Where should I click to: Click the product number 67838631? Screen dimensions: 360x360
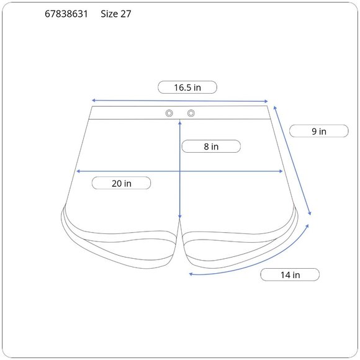[66, 14]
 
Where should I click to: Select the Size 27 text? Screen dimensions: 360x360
[116, 14]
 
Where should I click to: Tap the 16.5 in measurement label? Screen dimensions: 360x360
[187, 88]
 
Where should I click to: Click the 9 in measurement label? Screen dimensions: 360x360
[319, 132]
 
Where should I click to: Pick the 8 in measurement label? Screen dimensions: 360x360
[211, 146]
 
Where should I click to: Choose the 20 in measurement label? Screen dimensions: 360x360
[122, 184]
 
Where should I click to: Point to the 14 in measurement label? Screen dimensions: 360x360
[290, 275]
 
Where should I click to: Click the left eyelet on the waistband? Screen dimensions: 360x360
[169, 113]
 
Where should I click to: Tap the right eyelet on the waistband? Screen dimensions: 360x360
[191, 113]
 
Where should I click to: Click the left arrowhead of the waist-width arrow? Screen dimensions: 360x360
[94, 101]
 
